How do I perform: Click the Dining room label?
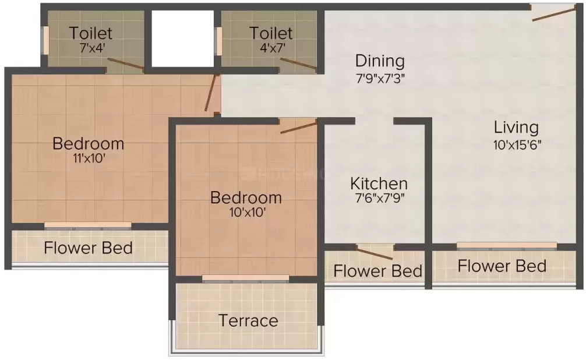click(x=380, y=61)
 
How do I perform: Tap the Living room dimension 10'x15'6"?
click(x=517, y=144)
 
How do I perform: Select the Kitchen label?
click(x=379, y=183)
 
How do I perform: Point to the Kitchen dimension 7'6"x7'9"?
click(x=380, y=198)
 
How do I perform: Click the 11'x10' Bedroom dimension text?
click(x=89, y=158)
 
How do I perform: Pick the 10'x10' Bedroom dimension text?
click(x=248, y=213)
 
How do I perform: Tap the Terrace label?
click(x=248, y=321)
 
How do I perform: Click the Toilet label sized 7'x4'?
click(x=90, y=33)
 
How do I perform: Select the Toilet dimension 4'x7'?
click(x=273, y=48)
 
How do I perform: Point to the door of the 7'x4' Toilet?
click(x=126, y=64)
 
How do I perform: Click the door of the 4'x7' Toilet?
click(x=298, y=63)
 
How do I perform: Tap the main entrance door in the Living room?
click(x=554, y=15)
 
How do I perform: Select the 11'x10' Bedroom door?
click(x=211, y=93)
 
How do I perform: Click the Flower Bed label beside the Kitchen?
click(x=377, y=271)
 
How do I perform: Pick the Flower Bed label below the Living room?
click(x=502, y=266)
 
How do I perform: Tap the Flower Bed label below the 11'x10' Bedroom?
click(x=88, y=248)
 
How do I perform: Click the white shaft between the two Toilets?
click(x=183, y=39)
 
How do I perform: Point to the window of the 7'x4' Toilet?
click(x=45, y=40)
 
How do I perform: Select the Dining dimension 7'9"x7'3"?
click(x=380, y=79)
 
